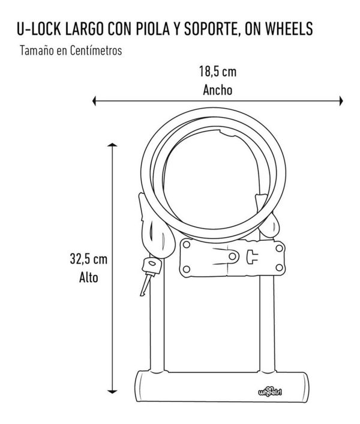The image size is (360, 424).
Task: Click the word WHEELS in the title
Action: point(289,29)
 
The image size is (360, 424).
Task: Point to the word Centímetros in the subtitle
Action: point(96,50)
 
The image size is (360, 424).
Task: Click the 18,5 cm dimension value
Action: point(218,72)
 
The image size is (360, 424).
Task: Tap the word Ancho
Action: point(218,89)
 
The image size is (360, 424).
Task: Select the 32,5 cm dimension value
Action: point(89,259)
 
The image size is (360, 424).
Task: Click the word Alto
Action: point(89,277)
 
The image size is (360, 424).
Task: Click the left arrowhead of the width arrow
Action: point(94,101)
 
